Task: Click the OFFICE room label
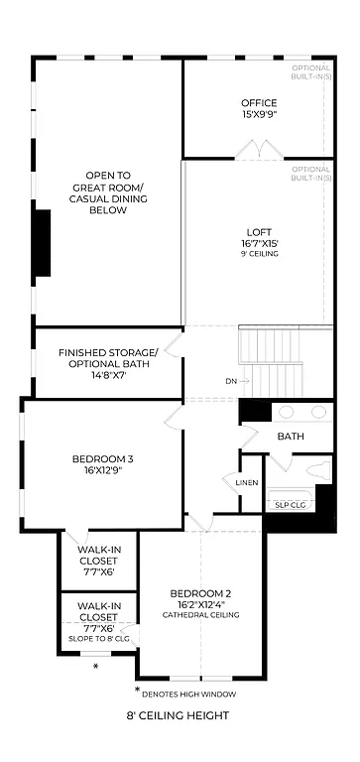point(259,103)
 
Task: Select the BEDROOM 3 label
point(102,458)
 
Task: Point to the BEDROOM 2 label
point(203,592)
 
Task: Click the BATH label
point(291,437)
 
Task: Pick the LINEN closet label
point(247,483)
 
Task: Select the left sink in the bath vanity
point(287,412)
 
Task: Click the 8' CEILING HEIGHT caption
point(179,715)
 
